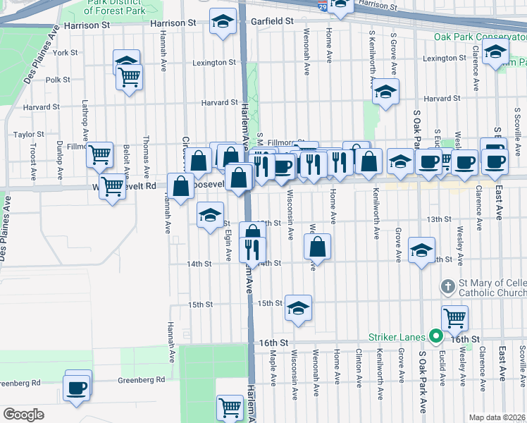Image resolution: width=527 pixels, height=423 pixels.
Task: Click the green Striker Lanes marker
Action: coord(436,337)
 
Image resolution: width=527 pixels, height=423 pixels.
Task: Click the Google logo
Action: coord(23,415)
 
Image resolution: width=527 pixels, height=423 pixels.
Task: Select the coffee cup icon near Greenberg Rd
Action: coord(76,387)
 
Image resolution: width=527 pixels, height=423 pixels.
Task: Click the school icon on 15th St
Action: coord(299,308)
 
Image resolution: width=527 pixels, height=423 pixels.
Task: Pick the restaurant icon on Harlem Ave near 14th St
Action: coord(252,249)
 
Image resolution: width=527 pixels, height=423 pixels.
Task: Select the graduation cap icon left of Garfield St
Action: coord(223,22)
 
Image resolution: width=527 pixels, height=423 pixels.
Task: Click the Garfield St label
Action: coord(269,22)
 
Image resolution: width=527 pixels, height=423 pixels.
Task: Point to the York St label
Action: coord(65,53)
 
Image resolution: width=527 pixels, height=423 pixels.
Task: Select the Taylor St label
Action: coord(29,134)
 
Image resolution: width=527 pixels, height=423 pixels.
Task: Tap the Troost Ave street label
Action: coord(33,161)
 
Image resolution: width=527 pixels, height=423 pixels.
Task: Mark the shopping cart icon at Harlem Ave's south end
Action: coord(230,407)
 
